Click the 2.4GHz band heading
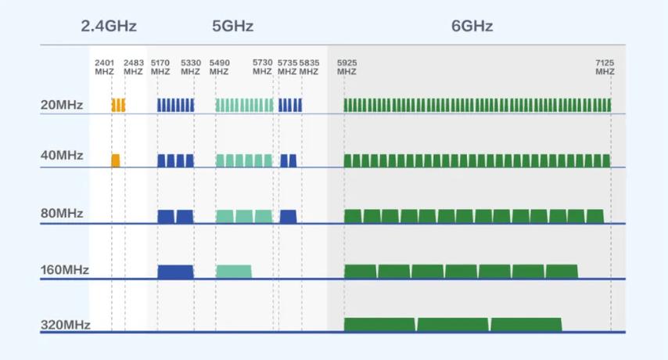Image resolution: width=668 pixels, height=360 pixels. (x=109, y=26)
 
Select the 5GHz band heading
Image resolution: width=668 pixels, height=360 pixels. (x=232, y=26)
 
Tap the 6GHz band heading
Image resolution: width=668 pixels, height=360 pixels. (x=472, y=26)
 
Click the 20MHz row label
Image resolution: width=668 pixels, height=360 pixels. (x=62, y=105)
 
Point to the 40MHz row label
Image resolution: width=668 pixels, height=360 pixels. (x=62, y=156)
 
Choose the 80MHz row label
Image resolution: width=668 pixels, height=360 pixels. (x=62, y=213)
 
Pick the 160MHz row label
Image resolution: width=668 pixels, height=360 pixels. (x=64, y=270)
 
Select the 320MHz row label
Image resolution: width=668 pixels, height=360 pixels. (x=64, y=325)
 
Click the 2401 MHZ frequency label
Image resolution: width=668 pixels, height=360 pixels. (x=104, y=67)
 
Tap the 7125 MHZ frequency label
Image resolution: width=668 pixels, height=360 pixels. (x=604, y=67)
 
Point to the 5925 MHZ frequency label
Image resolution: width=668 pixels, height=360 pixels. (x=347, y=67)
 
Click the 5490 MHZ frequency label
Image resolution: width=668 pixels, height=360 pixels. (x=219, y=67)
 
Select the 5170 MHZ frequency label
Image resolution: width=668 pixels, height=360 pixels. (x=160, y=67)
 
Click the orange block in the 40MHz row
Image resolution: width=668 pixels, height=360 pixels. (x=116, y=160)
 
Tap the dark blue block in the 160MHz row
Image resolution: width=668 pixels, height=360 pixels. (x=175, y=272)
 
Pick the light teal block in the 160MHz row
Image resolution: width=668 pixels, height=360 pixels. (x=234, y=272)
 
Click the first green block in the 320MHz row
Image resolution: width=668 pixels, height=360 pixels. (x=379, y=325)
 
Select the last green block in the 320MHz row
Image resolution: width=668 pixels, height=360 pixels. (x=526, y=325)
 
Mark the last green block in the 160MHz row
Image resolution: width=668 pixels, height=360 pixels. (x=562, y=272)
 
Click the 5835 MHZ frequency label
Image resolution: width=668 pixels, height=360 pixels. (x=309, y=67)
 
